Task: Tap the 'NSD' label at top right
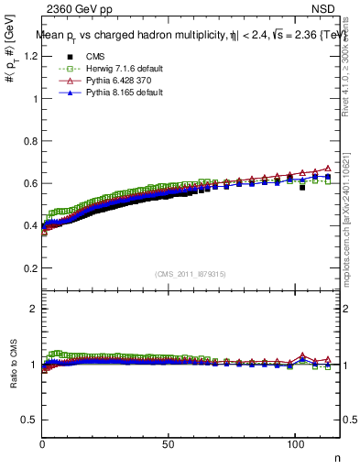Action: (328, 8)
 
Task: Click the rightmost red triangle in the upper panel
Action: (327, 169)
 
